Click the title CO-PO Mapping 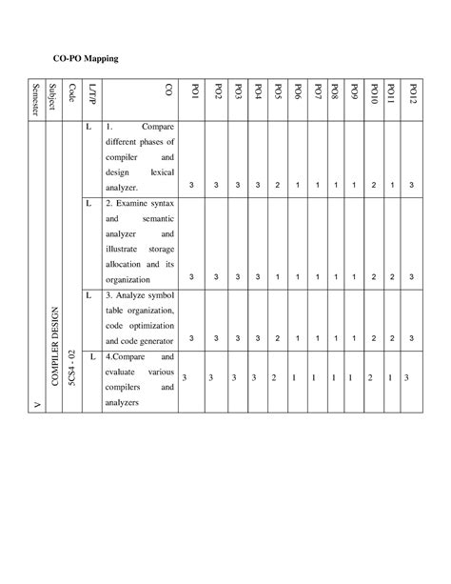pos(84,58)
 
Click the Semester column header pos(35,98)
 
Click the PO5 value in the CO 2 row pos(277,276)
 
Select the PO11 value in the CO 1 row pos(392,183)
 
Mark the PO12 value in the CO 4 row pos(406,378)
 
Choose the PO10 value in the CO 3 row pos(372,338)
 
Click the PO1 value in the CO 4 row pos(185,378)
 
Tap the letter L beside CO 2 pos(88,204)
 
